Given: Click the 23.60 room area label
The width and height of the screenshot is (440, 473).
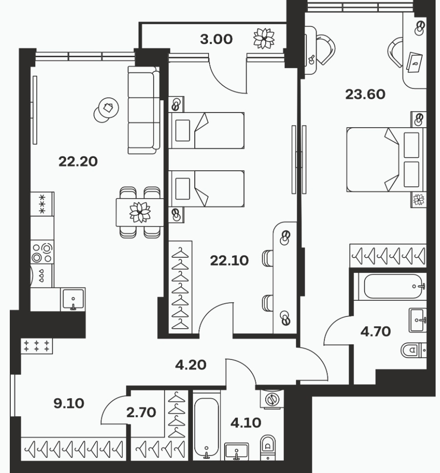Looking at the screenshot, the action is [365, 94].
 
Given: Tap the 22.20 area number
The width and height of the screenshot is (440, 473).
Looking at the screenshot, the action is [78, 161].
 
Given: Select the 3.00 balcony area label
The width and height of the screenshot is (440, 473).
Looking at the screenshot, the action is [216, 39].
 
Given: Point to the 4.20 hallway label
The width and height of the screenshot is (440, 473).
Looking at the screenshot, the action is [191, 365].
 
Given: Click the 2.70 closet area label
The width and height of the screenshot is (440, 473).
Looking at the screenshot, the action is [141, 412].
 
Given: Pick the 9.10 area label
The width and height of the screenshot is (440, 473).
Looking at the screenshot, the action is [69, 404].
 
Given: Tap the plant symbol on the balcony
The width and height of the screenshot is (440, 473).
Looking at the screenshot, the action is [264, 38].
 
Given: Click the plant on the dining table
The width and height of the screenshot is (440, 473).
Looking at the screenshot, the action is [140, 212].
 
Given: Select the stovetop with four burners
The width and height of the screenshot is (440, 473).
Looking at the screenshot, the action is [42, 252].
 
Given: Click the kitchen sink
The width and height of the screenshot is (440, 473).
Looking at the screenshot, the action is [73, 299].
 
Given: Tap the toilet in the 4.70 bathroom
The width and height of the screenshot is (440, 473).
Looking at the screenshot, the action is [414, 350].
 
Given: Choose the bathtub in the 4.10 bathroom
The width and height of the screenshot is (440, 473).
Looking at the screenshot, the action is [207, 426].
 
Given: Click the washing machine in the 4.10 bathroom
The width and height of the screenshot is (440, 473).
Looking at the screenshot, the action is [272, 399].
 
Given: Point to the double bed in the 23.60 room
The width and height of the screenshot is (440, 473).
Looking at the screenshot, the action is [385, 159].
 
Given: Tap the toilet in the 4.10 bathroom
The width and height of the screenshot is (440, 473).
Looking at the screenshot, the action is [268, 447].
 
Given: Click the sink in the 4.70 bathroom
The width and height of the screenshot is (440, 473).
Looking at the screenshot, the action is [417, 320].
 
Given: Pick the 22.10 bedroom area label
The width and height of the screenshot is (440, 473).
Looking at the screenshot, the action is [230, 260].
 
